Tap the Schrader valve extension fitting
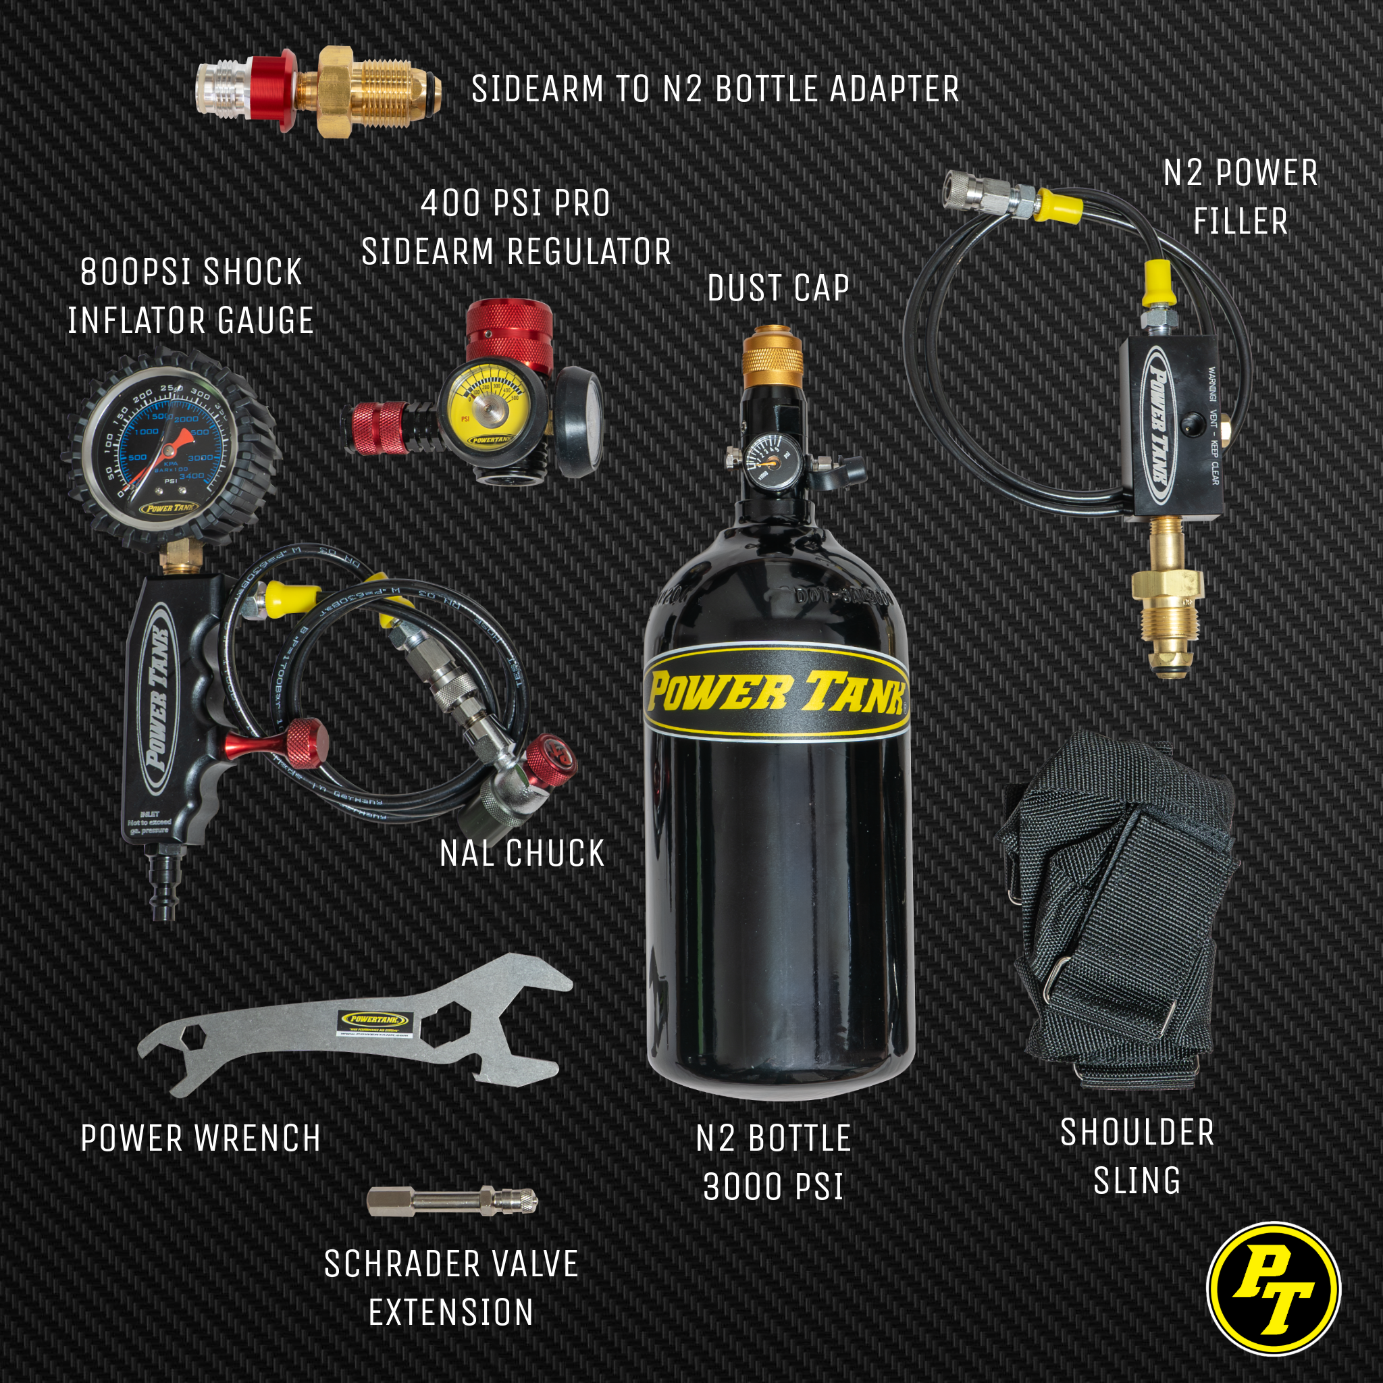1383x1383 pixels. click(x=451, y=1201)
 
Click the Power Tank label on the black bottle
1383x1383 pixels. click(x=776, y=692)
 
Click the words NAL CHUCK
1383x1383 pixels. click(x=522, y=854)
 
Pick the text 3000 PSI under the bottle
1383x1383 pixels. click(x=773, y=1187)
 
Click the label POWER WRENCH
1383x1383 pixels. click(x=201, y=1138)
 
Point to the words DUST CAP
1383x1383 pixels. click(x=778, y=288)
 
